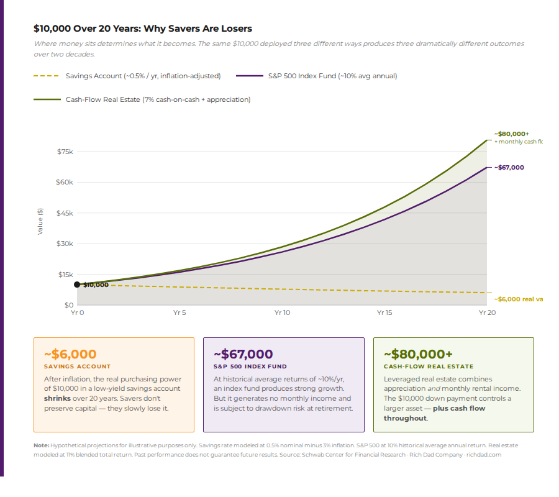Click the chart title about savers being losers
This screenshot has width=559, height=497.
coord(143,29)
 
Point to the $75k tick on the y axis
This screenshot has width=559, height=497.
coord(65,152)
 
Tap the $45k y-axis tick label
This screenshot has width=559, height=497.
coord(65,213)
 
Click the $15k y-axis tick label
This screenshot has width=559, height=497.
coord(65,275)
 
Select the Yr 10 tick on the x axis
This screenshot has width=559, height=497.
coord(282,313)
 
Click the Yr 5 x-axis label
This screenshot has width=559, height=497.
coord(180,313)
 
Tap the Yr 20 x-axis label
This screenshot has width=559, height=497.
coord(487,313)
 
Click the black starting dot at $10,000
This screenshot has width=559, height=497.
coord(77,285)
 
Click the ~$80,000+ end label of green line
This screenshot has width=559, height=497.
coord(511,134)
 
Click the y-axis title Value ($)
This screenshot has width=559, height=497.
coord(40,221)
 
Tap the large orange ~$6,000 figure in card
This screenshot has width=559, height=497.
coord(70,354)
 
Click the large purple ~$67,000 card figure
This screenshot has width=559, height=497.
coord(243,354)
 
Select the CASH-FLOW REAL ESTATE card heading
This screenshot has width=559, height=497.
coord(429,367)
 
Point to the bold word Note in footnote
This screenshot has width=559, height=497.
coord(41,445)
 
